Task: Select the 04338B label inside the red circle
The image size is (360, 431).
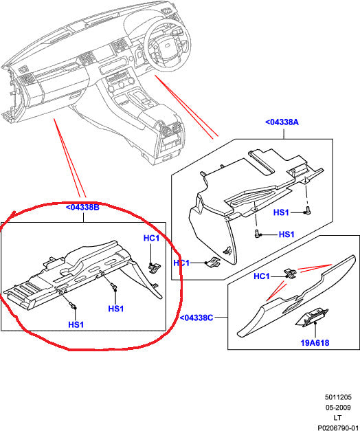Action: [83, 207]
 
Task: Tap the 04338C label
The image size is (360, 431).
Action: [199, 318]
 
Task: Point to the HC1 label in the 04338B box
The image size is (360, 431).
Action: [151, 239]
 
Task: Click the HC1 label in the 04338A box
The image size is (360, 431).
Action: [181, 263]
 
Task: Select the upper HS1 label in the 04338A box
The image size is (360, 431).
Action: [282, 212]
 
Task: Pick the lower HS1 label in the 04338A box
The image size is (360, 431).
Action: [286, 235]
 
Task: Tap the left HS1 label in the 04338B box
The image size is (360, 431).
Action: [76, 324]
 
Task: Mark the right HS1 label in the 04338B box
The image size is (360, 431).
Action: [115, 309]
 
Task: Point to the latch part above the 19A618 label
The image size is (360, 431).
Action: [310, 317]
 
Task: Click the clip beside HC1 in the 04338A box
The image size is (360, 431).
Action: [213, 261]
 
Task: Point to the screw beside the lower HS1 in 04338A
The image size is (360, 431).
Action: [258, 234]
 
